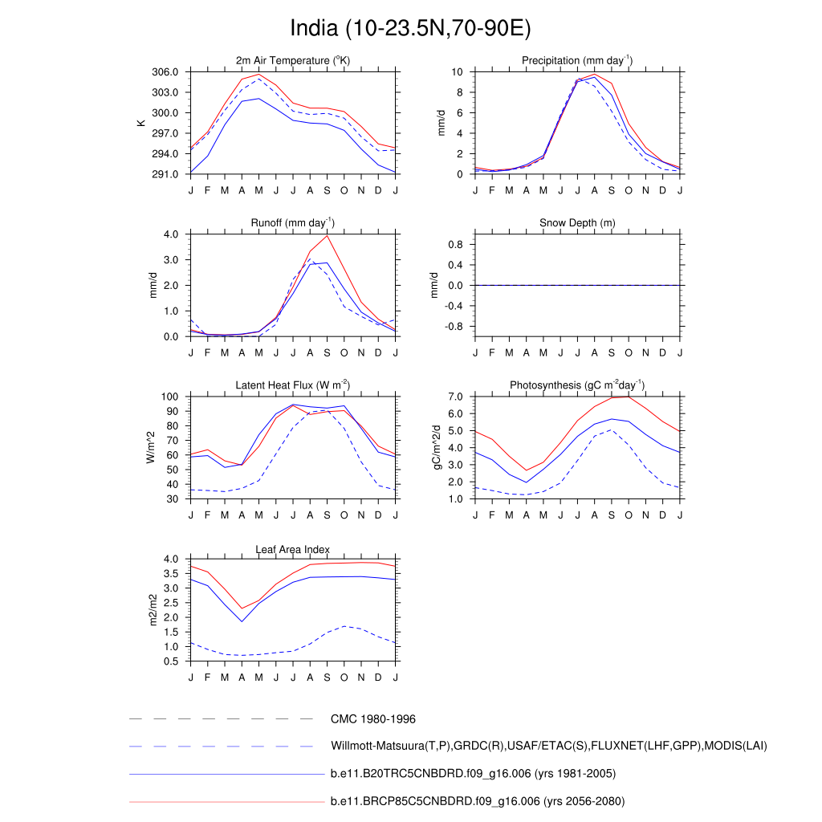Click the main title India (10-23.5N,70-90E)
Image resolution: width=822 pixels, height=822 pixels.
[410, 29]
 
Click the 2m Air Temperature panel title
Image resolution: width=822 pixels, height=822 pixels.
[293, 60]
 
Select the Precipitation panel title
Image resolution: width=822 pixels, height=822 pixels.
[577, 60]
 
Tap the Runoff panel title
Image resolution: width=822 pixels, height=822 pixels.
[293, 222]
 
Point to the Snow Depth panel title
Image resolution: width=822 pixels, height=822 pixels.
[577, 222]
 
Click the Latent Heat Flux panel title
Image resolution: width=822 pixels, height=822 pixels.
[293, 385]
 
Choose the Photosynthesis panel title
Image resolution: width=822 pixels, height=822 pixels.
[577, 385]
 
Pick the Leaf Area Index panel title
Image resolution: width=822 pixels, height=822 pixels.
[293, 549]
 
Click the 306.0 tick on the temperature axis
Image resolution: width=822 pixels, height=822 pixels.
[167, 72]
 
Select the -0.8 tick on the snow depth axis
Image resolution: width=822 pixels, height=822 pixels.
[454, 327]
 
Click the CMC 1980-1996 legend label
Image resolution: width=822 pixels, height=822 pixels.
[372, 719]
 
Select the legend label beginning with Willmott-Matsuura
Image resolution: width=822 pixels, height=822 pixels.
[548, 747]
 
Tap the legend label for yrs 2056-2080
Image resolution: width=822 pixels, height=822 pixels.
[477, 801]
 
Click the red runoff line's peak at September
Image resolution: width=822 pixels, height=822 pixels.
[327, 235]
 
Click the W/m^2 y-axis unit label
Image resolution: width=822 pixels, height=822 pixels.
[150, 448]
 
